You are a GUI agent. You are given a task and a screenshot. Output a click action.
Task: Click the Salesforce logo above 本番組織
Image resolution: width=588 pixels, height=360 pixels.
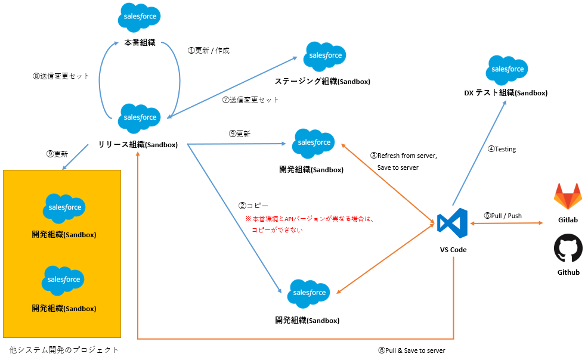pyautogui.click(x=140, y=17)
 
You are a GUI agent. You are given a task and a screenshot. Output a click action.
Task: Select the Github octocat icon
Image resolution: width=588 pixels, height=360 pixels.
pyautogui.click(x=568, y=248)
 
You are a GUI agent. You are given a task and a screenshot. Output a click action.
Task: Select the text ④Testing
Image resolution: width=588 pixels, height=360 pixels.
pyautogui.click(x=502, y=149)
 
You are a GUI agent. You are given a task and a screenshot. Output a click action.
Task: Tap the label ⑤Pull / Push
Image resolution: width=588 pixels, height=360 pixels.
pyautogui.click(x=503, y=215)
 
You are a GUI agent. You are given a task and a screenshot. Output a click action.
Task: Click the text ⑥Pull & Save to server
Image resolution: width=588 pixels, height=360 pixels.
pyautogui.click(x=411, y=350)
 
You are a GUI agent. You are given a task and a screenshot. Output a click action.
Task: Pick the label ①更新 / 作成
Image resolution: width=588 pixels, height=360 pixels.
pyautogui.click(x=209, y=51)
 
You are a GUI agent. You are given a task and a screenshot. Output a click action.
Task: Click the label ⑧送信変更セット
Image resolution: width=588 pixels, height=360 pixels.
pyautogui.click(x=61, y=76)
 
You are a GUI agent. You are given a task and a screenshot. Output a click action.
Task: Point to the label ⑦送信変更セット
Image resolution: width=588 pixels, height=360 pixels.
pyautogui.click(x=250, y=100)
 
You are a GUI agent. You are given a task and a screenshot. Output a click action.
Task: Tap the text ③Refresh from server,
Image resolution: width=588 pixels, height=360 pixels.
pyautogui.click(x=404, y=156)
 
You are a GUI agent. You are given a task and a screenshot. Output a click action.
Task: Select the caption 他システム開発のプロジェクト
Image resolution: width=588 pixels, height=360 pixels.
pyautogui.click(x=64, y=350)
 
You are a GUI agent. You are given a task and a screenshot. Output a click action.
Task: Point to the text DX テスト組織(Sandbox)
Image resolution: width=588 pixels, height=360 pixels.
pyautogui.click(x=505, y=93)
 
